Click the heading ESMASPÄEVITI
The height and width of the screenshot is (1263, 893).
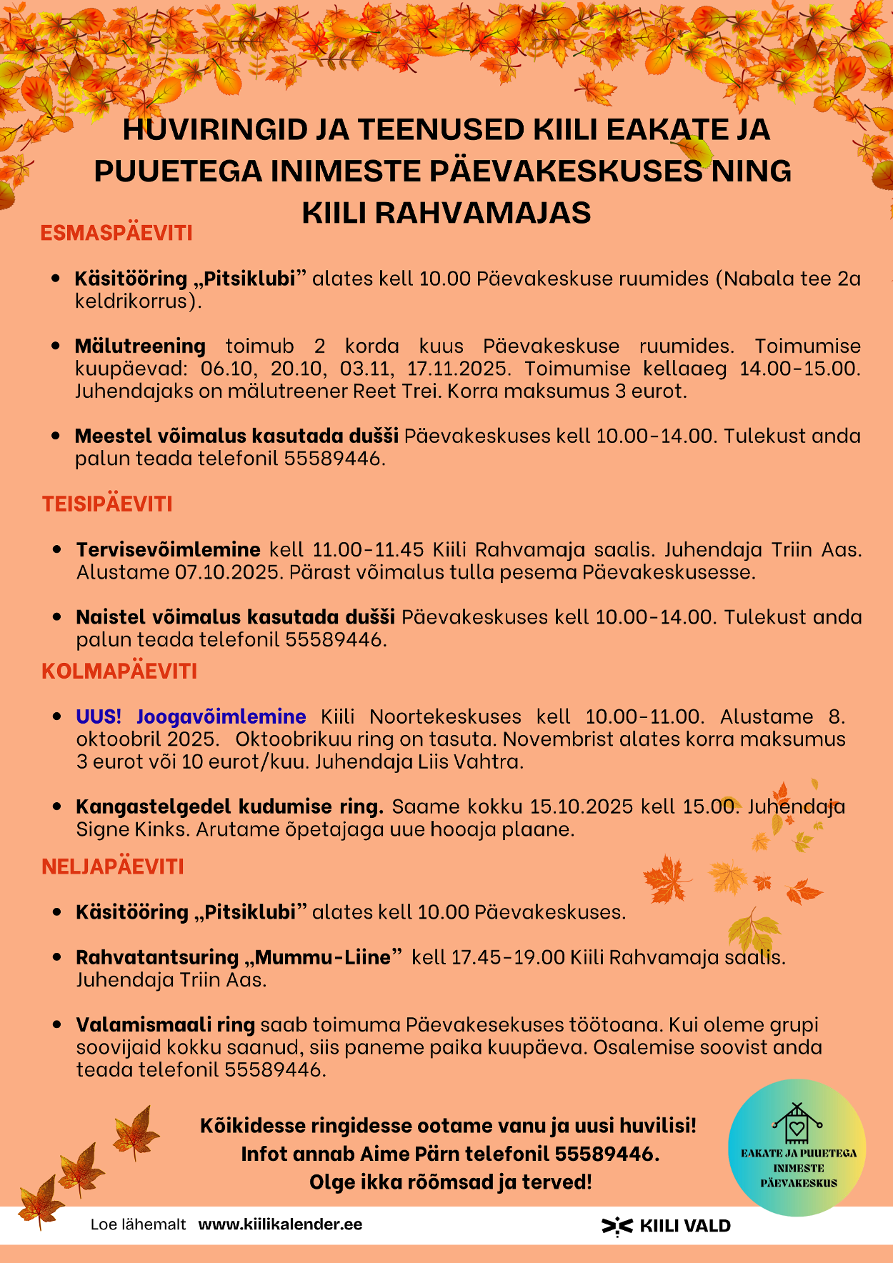click(116, 233)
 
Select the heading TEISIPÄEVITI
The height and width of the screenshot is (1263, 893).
click(107, 504)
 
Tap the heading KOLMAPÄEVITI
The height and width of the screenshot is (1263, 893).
click(119, 671)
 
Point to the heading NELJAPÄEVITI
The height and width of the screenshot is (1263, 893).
click(113, 867)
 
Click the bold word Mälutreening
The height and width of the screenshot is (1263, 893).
click(140, 346)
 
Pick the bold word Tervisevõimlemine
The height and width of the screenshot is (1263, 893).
click(168, 549)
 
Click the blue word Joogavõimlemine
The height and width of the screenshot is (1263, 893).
click(221, 717)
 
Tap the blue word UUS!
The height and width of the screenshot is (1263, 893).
click(99, 717)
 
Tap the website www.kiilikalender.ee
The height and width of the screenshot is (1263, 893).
click(280, 1224)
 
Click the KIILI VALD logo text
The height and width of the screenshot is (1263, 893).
click(684, 1226)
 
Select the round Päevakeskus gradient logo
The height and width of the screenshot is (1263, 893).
click(797, 1147)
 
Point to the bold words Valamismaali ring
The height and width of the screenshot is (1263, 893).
click(165, 1025)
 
